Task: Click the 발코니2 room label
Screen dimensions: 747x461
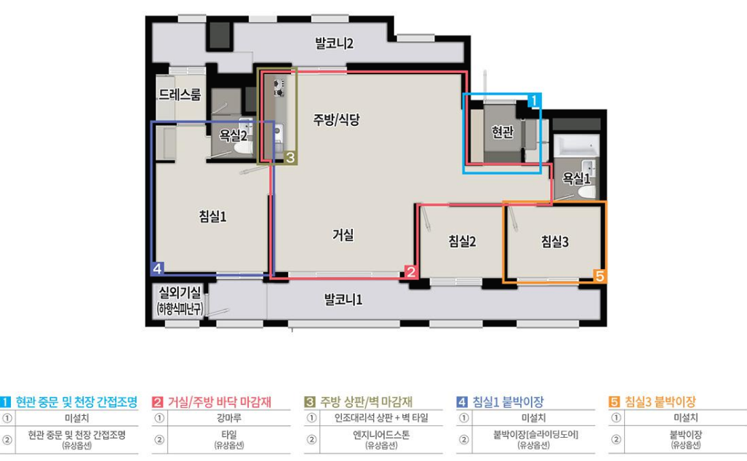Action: [x=334, y=44]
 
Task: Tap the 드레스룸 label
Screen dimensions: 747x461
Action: [x=180, y=95]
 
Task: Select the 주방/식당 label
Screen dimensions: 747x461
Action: [x=336, y=119]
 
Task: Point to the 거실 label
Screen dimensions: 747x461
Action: [x=343, y=234]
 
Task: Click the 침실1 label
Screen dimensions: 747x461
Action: [x=212, y=217]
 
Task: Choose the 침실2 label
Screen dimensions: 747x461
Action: [x=462, y=241]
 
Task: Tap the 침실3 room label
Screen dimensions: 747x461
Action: [x=554, y=241]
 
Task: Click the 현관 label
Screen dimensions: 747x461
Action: [x=503, y=132]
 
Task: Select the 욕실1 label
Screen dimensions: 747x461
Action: [x=576, y=178]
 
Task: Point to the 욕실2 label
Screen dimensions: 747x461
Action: [x=233, y=136]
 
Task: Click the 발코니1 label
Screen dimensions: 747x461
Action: [x=343, y=300]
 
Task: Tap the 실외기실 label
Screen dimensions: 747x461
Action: [x=180, y=292]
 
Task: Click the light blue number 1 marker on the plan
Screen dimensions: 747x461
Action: [x=534, y=100]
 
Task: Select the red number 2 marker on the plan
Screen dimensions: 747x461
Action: [x=411, y=272]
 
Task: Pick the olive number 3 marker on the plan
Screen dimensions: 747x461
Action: [x=290, y=158]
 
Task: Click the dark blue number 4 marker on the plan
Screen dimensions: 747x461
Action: [x=157, y=268]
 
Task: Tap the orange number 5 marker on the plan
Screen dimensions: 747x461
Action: [x=599, y=276]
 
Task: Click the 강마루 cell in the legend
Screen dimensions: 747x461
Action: [x=229, y=418]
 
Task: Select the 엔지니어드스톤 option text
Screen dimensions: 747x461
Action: [x=381, y=435]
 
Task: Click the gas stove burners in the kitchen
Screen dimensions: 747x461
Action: [x=279, y=88]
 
